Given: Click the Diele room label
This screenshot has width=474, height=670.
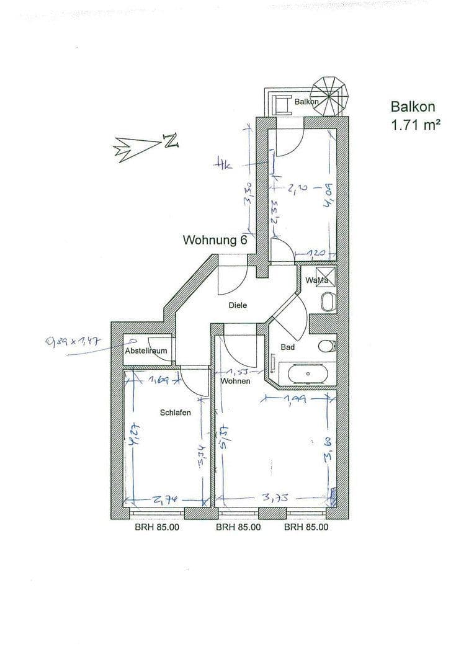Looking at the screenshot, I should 238,305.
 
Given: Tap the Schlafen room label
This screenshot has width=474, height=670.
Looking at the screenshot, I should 176,413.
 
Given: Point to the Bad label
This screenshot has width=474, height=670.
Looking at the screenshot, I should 288,347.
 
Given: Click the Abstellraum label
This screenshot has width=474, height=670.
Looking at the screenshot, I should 146,351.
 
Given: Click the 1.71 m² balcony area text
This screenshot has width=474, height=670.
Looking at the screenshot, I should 415,124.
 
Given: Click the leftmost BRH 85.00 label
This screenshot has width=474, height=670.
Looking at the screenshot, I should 158,527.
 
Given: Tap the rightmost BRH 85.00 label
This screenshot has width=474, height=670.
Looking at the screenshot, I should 306,527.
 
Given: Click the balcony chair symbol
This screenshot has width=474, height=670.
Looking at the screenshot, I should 284,105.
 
